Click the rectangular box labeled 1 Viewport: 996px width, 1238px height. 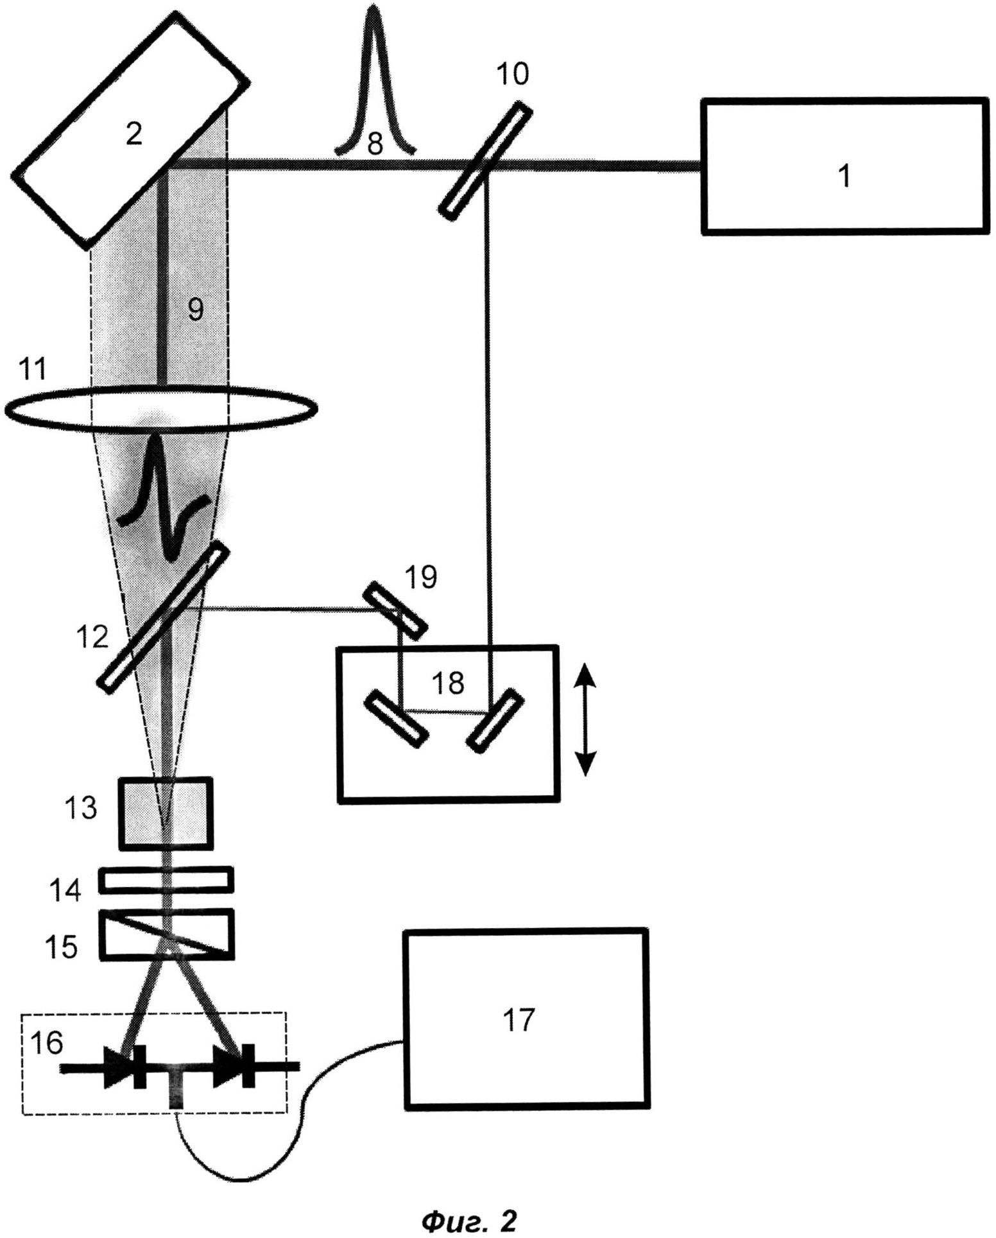(845, 166)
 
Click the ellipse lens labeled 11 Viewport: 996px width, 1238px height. (160, 406)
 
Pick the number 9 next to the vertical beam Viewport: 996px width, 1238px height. (194, 310)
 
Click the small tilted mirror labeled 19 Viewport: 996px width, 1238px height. (395, 610)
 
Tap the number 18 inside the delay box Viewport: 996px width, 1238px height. (448, 683)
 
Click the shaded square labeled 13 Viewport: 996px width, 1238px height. (165, 813)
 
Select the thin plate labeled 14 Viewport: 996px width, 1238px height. (166, 879)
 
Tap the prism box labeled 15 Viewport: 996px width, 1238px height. (166, 934)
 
